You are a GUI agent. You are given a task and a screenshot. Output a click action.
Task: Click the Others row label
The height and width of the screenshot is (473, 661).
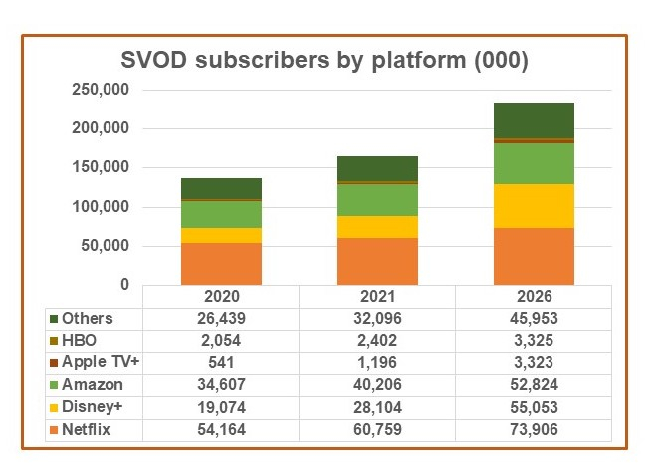[87, 318]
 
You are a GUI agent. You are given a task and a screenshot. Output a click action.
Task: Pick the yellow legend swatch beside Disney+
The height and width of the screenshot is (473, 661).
[53, 405]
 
